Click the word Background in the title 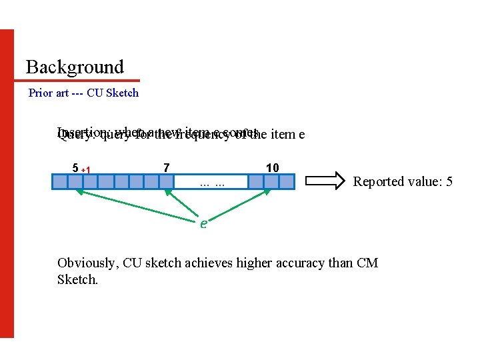75,67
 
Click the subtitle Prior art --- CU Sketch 83,93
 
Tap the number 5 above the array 75,167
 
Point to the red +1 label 86,170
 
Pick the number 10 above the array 272,167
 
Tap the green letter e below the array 204,223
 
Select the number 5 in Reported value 449,181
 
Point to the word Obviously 87,263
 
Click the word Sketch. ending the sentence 77,279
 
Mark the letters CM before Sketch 367,263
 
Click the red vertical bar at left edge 7,183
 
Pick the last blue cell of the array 287,181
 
